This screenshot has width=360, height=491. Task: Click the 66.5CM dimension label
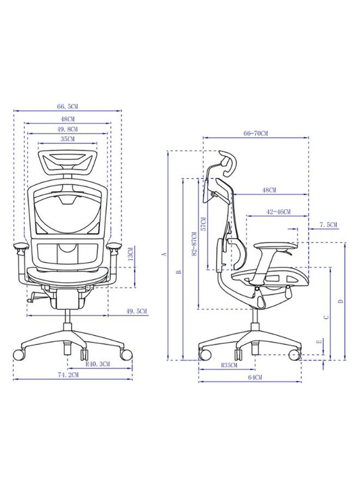coord(68,106)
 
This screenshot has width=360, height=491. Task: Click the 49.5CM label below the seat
coord(138,311)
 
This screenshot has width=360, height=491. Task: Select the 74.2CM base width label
coord(68,373)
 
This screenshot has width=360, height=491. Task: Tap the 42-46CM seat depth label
coord(278,212)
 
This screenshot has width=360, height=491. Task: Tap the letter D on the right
coord(340,301)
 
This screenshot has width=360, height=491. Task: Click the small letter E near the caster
coord(319,343)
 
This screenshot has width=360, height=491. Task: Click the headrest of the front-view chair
coord(68,161)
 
